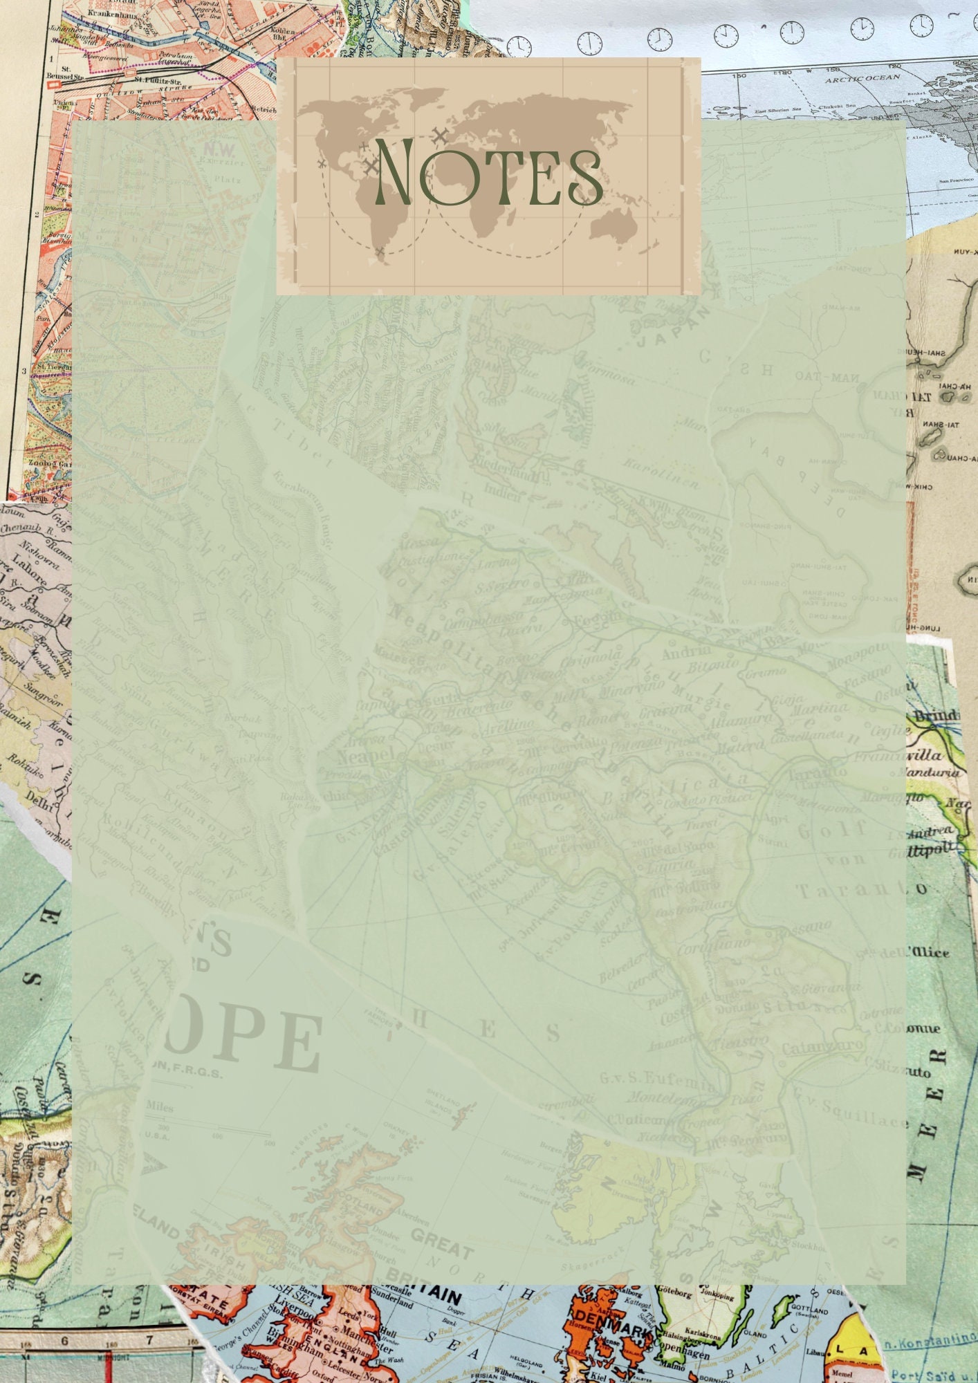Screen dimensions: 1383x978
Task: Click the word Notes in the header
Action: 488,173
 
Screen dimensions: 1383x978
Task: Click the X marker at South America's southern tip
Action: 380,252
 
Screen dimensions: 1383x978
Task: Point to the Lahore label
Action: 30,567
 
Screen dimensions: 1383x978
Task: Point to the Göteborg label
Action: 674,1292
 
